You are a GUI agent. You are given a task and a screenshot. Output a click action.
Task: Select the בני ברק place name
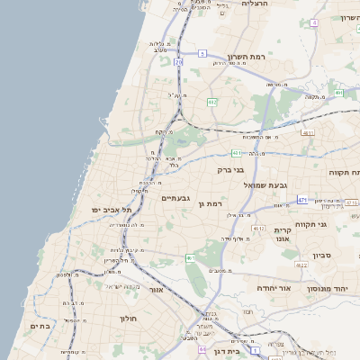coord(231,169)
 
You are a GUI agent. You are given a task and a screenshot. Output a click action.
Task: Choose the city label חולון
coord(127,319)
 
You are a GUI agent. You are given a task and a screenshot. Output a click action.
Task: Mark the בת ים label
coord(40,326)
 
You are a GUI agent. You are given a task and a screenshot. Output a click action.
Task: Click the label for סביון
coord(321,256)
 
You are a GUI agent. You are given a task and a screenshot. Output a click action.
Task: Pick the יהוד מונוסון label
coord(328,288)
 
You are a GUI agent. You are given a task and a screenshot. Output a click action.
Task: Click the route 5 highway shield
coord(178,62)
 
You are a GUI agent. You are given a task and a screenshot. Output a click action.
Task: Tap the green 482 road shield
coord(211,103)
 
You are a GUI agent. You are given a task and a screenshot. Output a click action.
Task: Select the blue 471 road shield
coord(302,200)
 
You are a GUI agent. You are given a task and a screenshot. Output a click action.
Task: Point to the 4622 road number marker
coord(302,265)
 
